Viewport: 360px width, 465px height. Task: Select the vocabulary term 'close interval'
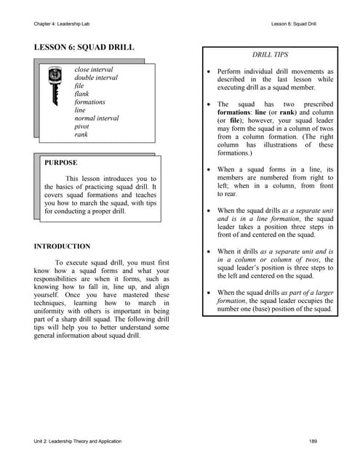click(94, 70)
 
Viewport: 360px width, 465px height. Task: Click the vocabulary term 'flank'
click(82, 94)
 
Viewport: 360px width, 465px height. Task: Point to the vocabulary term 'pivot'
click(83, 126)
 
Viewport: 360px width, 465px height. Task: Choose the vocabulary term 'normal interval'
click(97, 118)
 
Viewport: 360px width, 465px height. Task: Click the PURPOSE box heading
click(61, 163)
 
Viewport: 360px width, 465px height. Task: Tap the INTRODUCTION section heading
click(63, 246)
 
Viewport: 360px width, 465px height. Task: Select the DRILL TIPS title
click(270, 55)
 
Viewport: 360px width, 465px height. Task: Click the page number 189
click(313, 441)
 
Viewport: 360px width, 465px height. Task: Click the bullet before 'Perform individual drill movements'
click(209, 73)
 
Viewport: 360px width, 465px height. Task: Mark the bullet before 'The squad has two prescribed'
click(209, 105)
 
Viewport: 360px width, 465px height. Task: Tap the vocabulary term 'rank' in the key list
click(81, 134)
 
